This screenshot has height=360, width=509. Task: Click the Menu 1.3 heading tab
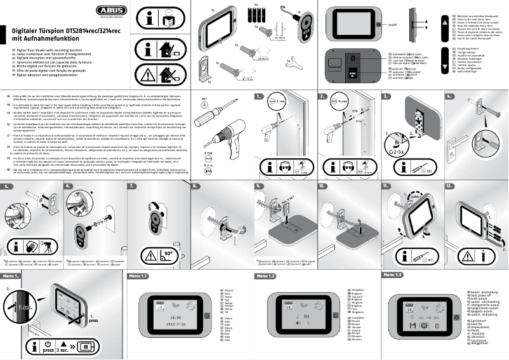[392, 275]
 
